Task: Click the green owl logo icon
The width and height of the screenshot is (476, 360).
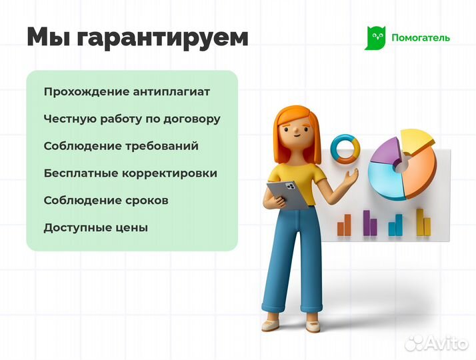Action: click(x=375, y=38)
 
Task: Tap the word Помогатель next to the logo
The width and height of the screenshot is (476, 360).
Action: click(x=420, y=38)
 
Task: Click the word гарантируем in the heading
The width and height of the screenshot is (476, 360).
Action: click(x=163, y=37)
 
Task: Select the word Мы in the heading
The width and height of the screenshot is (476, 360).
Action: click(x=48, y=37)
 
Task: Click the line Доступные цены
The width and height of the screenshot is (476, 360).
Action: click(x=95, y=227)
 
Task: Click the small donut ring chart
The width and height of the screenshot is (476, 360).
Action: click(x=346, y=149)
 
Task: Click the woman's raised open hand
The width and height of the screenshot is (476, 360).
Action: click(x=351, y=177)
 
